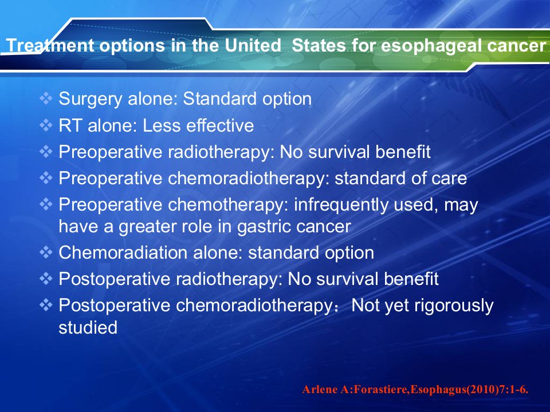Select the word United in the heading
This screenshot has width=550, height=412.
(253, 45)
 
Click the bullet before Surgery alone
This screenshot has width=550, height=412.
(46, 98)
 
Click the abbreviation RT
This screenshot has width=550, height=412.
(70, 125)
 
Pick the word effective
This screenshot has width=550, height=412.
(220, 125)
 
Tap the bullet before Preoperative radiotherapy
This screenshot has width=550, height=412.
(46, 152)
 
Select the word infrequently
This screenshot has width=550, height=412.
(341, 205)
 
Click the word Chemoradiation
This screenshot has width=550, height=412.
(123, 252)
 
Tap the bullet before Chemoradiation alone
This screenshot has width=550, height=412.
(46, 252)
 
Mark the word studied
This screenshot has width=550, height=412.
(88, 327)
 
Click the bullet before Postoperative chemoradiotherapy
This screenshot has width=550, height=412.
(46, 305)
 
